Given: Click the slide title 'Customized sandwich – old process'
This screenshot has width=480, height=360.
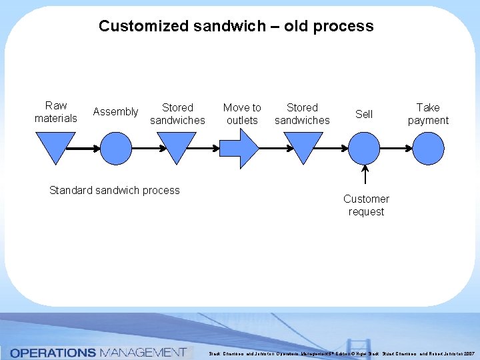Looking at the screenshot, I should (236, 27).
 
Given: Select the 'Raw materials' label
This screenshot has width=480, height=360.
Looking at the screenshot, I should (56, 112).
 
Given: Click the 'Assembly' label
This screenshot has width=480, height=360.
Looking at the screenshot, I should (115, 112).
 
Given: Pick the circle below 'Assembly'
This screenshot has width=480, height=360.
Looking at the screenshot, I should (116, 147).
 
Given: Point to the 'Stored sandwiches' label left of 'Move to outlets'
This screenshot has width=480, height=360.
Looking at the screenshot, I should (177, 114).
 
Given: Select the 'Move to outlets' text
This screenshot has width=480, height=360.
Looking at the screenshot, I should (242, 114).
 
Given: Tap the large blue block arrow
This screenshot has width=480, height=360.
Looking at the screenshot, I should (239, 147).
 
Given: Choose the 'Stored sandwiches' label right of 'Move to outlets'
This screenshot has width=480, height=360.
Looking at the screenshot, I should (302, 114).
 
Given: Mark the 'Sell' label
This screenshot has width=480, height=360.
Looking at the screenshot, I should (364, 114).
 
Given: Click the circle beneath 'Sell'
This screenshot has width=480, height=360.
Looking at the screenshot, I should (365, 147).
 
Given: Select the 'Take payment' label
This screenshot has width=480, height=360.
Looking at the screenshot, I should (428, 114).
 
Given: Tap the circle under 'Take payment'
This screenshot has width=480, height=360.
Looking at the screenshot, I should (428, 147).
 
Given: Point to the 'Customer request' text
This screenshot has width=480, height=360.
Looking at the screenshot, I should (366, 205).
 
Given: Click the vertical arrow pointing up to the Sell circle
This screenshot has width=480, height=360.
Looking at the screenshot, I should (365, 176).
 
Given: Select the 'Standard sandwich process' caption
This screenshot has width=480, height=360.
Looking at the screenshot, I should (115, 191).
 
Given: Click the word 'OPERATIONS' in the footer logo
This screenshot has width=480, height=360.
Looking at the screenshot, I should (54, 352).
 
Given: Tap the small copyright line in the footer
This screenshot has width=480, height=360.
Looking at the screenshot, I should (343, 353).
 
